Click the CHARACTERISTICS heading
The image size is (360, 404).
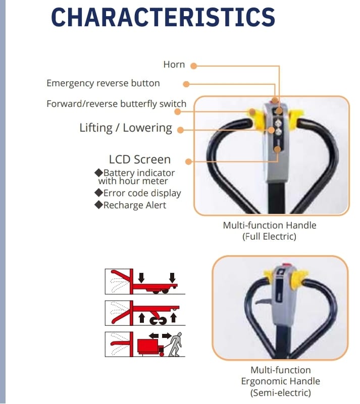click(163, 17)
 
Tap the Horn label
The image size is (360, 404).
click(174, 65)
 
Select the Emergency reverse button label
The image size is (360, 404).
click(103, 84)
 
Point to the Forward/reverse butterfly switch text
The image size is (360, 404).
click(116, 104)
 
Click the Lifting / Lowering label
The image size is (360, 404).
click(126, 128)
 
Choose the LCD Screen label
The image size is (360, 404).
click(140, 159)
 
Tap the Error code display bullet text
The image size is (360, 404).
click(142, 193)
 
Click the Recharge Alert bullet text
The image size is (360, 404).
click(135, 205)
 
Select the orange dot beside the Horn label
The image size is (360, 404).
click(193, 66)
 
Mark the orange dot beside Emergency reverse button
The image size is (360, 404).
click(186, 84)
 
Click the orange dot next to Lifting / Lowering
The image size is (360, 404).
click(181, 130)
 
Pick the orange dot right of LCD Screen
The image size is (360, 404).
click(188, 161)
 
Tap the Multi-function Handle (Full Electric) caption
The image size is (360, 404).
click(270, 231)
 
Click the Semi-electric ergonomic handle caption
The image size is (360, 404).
click(281, 381)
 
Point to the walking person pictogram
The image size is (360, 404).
click(175, 344)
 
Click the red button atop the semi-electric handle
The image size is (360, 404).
click(286, 265)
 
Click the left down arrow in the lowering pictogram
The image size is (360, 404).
click(141, 278)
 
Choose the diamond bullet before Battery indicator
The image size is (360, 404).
click(99, 172)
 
